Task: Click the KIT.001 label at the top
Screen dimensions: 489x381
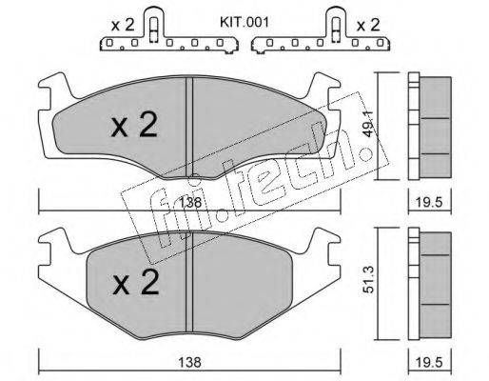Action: coord(244,23)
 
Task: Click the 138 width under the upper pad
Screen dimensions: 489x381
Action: coord(191,202)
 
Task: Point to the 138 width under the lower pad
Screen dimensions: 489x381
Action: coord(189,362)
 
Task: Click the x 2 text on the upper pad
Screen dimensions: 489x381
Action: coord(134,126)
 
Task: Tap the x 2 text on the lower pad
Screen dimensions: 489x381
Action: coord(136,283)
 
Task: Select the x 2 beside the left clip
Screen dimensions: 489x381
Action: coord(123,25)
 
